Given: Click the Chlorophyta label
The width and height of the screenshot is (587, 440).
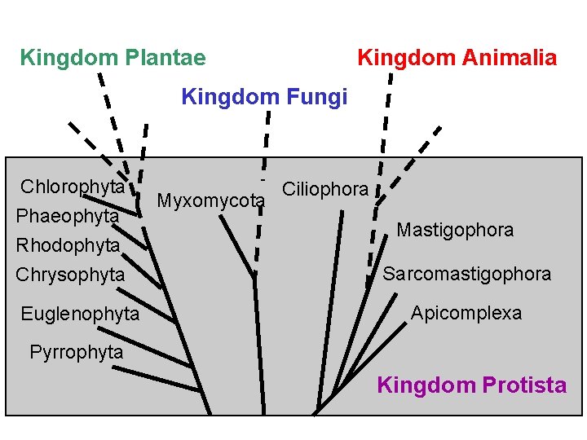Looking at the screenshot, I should (73, 187).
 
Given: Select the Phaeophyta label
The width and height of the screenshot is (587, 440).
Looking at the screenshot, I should (67, 216).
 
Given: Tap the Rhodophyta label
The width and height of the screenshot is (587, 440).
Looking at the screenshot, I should (68, 245).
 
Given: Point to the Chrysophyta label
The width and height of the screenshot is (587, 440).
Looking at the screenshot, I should (70, 275).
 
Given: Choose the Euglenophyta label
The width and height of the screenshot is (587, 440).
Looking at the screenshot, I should (80, 314).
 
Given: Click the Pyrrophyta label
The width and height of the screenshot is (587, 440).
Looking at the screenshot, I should (76, 353).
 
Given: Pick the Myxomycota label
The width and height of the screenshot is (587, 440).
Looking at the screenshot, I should (210, 200).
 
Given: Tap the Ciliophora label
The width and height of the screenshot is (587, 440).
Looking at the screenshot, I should (324, 190).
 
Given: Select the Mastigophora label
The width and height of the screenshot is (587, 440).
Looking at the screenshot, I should (455, 230).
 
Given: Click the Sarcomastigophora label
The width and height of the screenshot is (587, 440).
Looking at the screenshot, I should (467, 274).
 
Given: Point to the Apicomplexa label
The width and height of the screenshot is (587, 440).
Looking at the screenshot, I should (466, 313).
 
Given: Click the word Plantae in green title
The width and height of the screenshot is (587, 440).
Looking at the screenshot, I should (166, 58).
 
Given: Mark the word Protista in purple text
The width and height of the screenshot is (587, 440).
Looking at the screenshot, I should (524, 385).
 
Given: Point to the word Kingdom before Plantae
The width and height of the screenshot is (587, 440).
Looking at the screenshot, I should (68, 58).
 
